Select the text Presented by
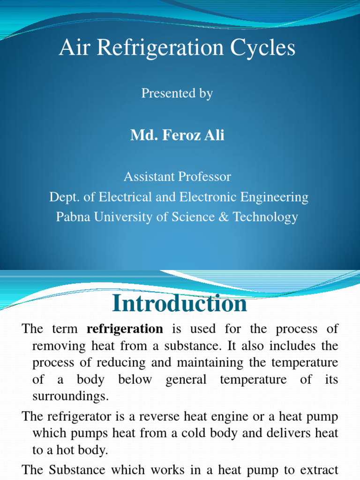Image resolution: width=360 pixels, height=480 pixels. pos(177,93)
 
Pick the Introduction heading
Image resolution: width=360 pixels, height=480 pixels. pos(180,304)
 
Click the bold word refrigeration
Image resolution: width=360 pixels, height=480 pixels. pos(125,329)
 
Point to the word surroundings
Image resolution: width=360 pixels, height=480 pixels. pos(70,396)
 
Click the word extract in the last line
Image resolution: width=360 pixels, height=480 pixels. pos(318,470)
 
